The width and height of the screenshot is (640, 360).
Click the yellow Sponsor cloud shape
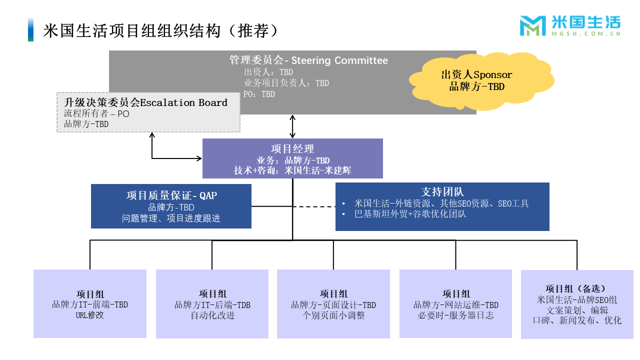point(481,81)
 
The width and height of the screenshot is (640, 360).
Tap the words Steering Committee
point(339,60)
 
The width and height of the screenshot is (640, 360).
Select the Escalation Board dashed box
point(148,112)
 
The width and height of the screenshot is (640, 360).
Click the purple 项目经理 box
point(292,158)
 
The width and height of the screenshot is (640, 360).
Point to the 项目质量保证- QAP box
point(171,206)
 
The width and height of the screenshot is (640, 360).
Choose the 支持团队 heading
point(442,192)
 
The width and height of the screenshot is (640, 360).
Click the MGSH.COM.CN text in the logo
point(585,33)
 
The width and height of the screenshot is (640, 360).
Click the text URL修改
point(89,315)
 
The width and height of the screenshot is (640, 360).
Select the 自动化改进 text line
point(212,315)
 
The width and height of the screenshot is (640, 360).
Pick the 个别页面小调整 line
point(333,315)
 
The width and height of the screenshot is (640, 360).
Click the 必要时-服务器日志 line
point(455,315)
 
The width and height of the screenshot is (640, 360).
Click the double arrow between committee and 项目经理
point(292,126)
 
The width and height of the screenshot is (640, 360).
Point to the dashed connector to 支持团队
point(314,206)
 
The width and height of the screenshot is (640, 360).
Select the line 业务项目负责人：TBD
point(286,83)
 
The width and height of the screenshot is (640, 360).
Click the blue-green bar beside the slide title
point(30,29)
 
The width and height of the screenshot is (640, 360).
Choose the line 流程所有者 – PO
point(96,113)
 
